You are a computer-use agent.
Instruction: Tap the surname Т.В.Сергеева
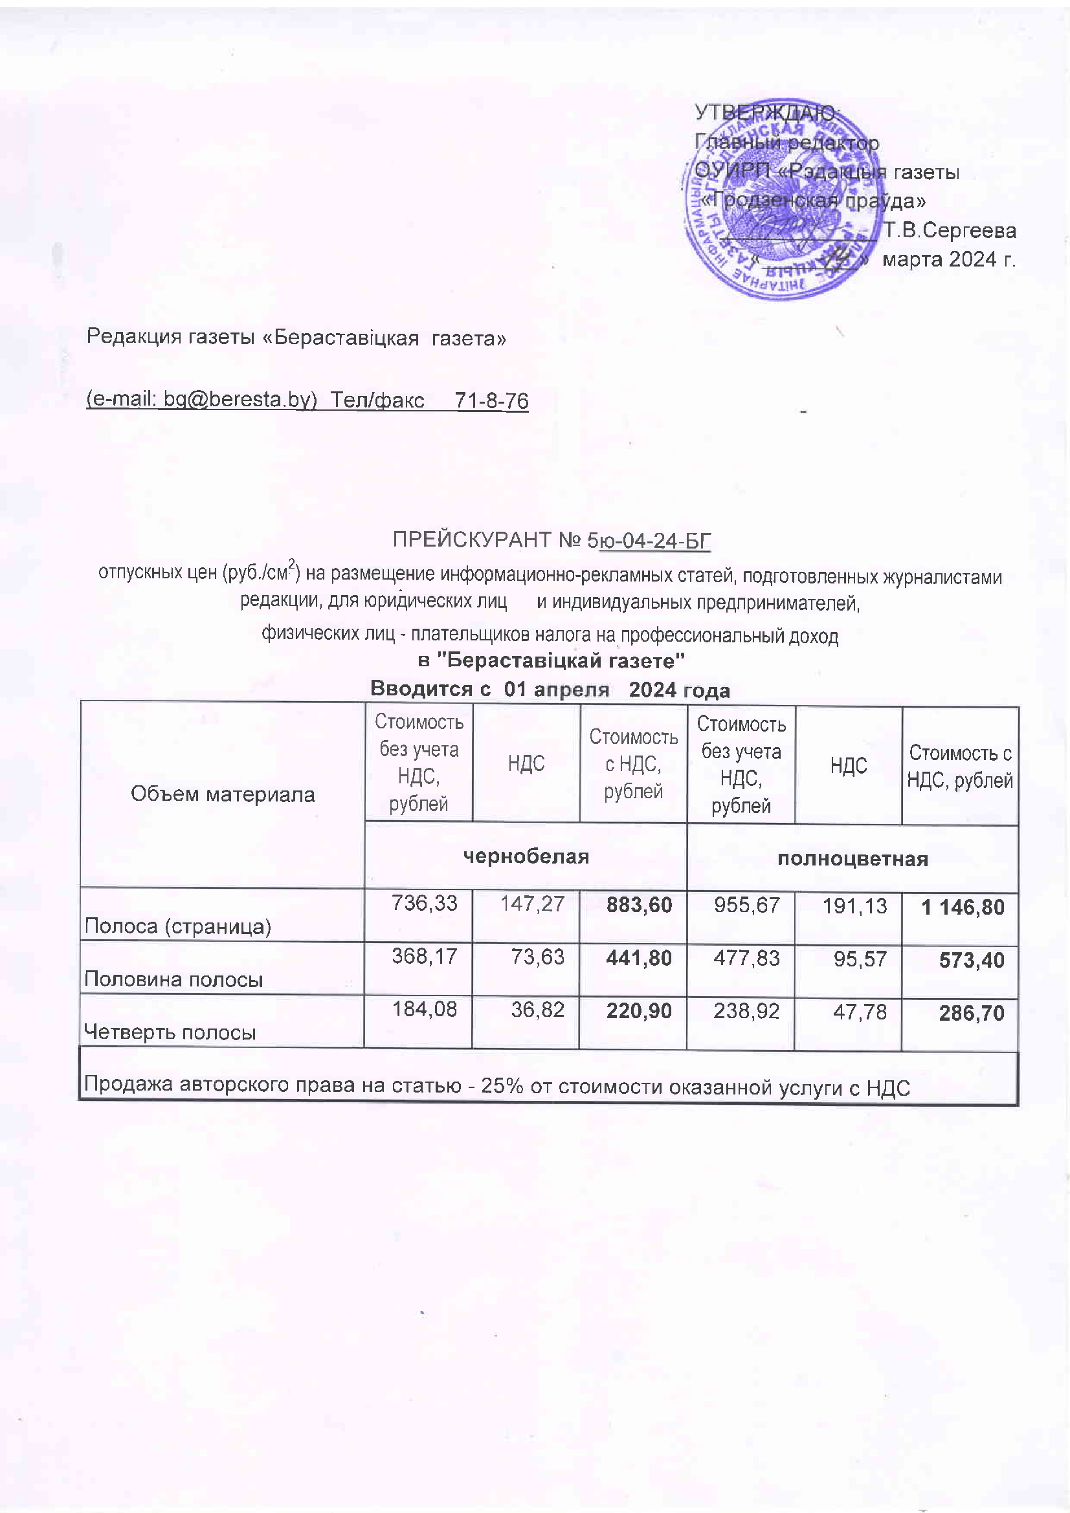point(950,231)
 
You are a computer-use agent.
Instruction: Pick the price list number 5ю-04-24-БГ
point(649,540)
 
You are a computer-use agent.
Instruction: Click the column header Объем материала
point(222,794)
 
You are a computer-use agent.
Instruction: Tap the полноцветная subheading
point(853,858)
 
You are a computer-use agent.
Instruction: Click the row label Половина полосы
point(173,980)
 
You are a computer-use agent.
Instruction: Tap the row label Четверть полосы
point(170,1032)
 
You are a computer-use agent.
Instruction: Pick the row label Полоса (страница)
point(177,926)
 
